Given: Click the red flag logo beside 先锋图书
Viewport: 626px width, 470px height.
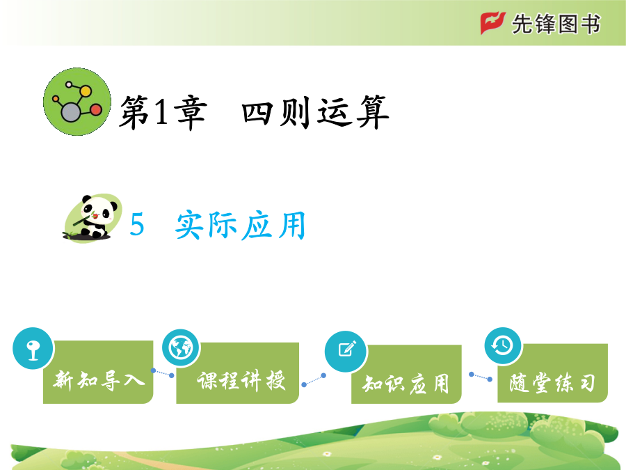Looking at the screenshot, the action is click(492, 23).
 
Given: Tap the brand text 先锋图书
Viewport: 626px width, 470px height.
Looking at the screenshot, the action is click(556, 24).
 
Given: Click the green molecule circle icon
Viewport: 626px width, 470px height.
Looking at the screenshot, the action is click(77, 102).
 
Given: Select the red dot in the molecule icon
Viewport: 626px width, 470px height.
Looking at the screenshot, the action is click(96, 109).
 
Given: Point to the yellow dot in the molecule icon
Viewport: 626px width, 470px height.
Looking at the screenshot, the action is click(86, 91).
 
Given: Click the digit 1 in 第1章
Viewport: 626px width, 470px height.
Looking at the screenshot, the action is click(161, 112).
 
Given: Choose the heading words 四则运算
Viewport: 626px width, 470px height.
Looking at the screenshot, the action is click(315, 112).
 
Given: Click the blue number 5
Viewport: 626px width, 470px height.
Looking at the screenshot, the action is click(137, 224).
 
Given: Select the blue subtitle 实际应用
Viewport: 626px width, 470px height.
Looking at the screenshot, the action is click(241, 225).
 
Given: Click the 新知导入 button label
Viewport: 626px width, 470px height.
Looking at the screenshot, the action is click(99, 379).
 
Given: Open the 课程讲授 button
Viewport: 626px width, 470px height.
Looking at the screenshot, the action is click(238, 373).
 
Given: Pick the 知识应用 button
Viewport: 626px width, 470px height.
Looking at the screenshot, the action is click(406, 374).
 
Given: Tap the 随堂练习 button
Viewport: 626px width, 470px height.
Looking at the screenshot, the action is click(552, 373).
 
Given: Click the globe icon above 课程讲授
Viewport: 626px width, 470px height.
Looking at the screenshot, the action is click(181, 347).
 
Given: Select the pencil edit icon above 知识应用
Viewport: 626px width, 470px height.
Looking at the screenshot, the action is click(346, 350).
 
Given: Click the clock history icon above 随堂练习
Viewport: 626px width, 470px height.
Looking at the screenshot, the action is click(503, 345).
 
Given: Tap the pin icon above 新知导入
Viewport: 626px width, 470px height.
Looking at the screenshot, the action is click(33, 348).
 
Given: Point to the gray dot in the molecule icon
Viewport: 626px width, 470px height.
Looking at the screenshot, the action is click(71, 112).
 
